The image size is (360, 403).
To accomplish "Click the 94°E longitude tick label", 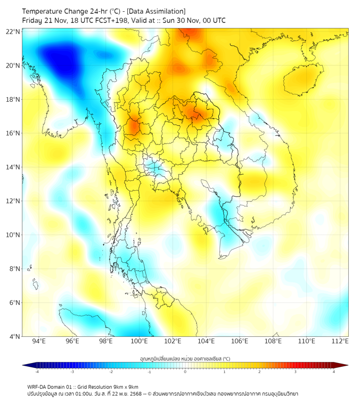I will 39,341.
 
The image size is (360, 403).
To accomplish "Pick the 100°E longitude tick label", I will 140,341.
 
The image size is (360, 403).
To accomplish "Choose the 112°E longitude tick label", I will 340,341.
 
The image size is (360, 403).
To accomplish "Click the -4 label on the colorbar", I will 37,372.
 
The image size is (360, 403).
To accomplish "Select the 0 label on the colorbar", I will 185,372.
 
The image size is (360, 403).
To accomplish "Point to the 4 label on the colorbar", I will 334,372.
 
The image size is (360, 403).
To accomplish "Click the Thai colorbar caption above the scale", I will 185,359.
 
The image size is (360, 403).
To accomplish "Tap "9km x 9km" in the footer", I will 124,386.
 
